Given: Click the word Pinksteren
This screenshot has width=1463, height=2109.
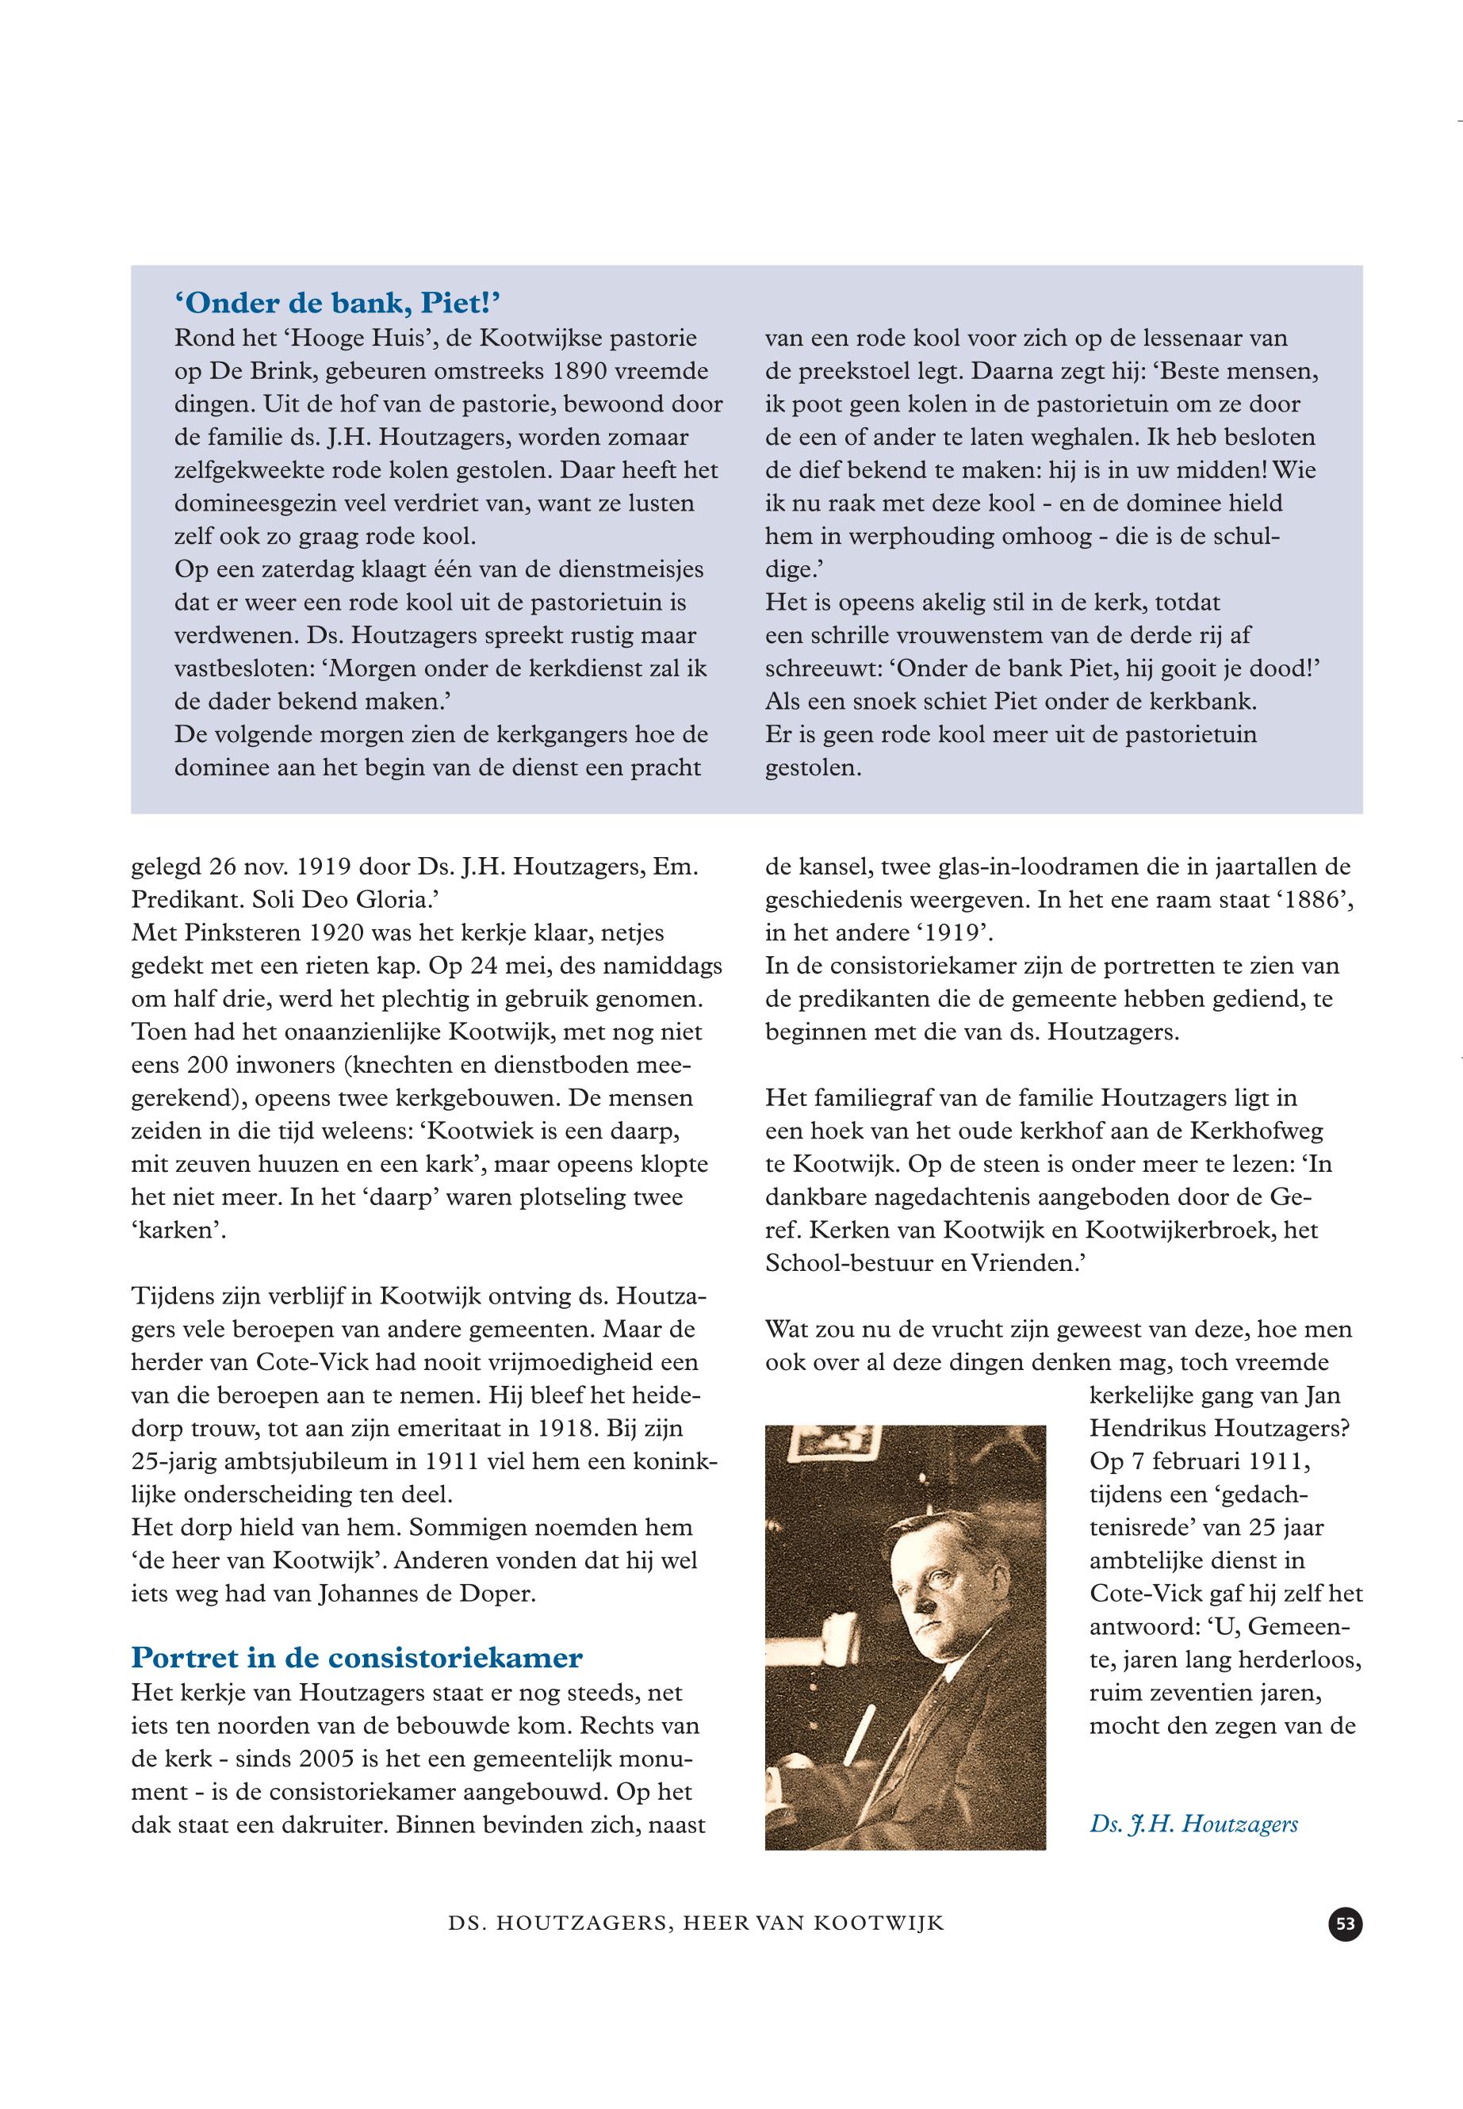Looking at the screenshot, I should (230, 933).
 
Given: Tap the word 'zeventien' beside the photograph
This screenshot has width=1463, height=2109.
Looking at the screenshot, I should (1194, 1692).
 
